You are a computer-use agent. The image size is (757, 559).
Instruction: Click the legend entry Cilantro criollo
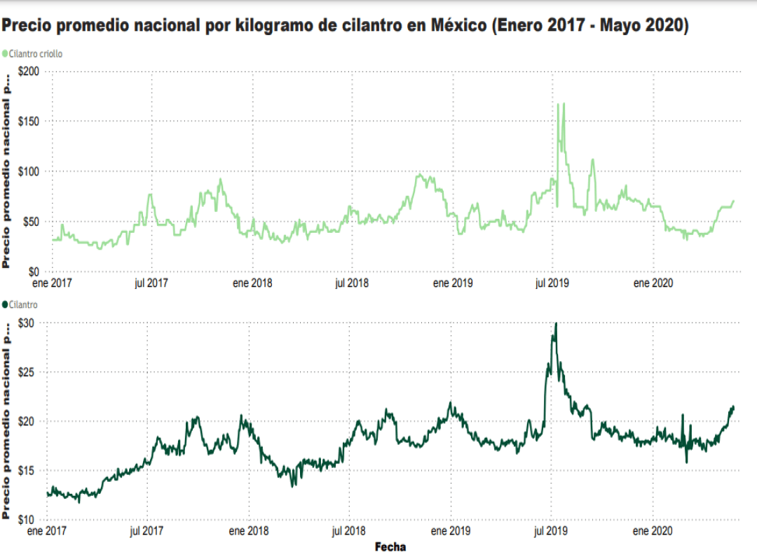[x=32, y=53]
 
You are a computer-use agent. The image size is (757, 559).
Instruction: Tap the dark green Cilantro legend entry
[x=20, y=304]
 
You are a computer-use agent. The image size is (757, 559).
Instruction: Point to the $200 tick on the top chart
[x=29, y=72]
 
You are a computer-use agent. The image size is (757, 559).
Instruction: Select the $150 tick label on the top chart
[x=29, y=121]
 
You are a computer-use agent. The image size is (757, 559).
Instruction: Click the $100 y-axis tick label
[x=29, y=171]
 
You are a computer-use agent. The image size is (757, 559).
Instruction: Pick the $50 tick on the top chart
[x=32, y=222]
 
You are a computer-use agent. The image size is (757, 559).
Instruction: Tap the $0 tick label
[x=34, y=271]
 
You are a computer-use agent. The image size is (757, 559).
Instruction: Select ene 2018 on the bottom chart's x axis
[x=249, y=532]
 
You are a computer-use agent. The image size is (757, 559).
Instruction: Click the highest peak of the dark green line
[x=556, y=323]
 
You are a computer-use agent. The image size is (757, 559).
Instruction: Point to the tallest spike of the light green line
[x=558, y=104]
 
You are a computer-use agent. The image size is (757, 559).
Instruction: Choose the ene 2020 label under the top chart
[x=653, y=283]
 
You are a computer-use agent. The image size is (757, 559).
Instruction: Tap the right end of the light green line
[x=734, y=201]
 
